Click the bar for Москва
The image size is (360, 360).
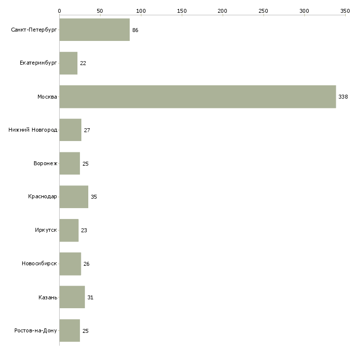point(197,97)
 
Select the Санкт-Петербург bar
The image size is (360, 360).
point(94,30)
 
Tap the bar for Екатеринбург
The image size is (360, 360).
point(68,63)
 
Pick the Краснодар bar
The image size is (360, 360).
point(73,197)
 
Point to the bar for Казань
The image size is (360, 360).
point(72,297)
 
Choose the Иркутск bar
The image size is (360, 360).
point(69,230)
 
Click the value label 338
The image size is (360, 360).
point(343,97)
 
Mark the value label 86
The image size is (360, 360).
point(135,30)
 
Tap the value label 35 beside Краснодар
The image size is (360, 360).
point(94,197)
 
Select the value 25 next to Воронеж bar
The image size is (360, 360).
point(85,164)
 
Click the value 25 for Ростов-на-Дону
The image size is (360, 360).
point(85,331)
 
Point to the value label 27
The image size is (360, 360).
point(87,130)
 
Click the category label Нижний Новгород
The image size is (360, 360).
point(33,130)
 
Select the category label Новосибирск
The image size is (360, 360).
point(39,264)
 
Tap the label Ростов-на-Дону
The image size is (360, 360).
point(36,331)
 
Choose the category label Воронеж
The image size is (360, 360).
point(45,164)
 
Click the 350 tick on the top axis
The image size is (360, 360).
point(345,10)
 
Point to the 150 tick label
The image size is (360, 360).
point(182,10)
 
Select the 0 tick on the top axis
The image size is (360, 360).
point(59,10)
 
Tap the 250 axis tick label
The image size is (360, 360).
point(263,10)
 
